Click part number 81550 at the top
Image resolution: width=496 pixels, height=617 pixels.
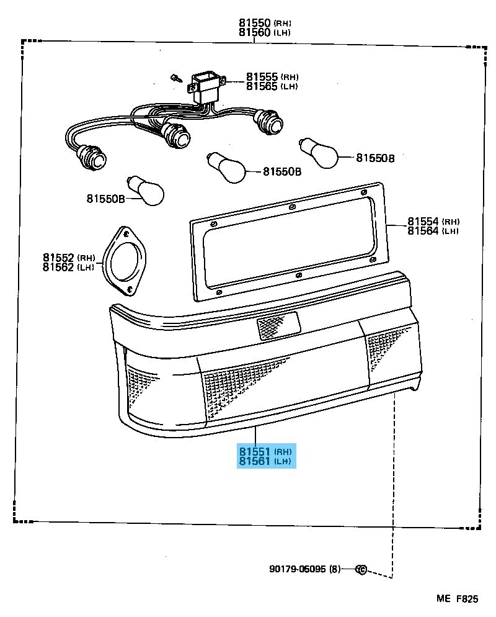pos(255,22)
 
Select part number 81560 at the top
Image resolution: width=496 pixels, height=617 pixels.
pos(255,32)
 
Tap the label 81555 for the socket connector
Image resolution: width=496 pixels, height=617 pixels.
pos(262,76)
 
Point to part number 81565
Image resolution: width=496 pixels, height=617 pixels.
pos(262,86)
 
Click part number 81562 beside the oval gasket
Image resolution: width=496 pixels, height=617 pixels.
pos(58,267)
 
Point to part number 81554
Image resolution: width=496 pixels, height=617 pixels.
pos(423,221)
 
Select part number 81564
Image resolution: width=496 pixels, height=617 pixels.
pos(423,230)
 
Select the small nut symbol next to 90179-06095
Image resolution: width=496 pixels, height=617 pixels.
pos(361,569)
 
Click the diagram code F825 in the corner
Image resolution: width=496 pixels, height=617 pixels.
pos(467,598)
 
